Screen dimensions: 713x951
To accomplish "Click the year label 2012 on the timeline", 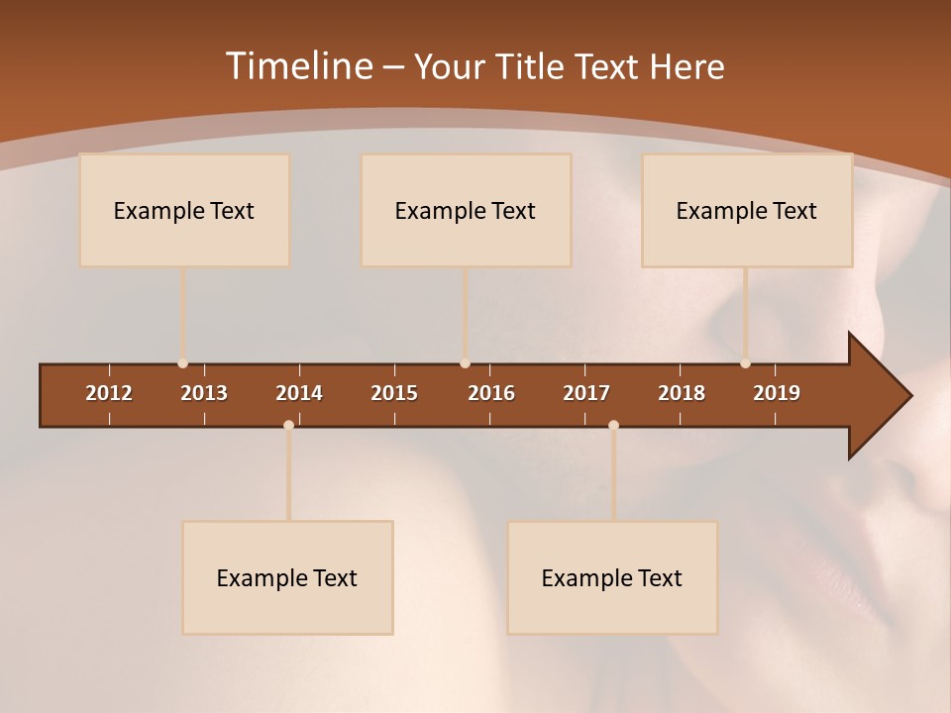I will click(109, 393).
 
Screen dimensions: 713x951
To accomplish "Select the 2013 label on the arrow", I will click(204, 393).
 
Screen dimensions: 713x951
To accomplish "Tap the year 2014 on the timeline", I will click(299, 393).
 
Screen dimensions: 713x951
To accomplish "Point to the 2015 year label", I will click(394, 393).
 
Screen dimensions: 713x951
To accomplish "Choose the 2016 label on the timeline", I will click(491, 393).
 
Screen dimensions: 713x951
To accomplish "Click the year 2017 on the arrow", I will click(586, 393).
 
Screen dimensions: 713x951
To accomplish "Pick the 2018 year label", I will click(682, 393).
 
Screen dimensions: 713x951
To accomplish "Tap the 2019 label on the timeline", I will click(777, 393).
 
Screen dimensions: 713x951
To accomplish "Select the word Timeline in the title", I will click(299, 66).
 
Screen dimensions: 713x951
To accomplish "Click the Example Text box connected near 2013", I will click(184, 210).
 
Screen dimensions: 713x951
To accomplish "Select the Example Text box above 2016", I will click(466, 210).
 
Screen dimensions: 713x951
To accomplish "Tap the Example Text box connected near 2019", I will click(747, 210).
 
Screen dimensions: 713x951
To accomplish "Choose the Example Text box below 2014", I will click(287, 577).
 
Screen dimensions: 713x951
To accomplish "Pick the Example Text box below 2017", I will click(612, 577).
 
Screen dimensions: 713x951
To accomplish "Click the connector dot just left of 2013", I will click(182, 363).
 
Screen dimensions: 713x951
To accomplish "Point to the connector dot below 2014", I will click(288, 425).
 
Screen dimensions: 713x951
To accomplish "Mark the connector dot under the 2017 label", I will click(613, 425).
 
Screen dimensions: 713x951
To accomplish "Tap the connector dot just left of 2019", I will click(745, 363).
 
